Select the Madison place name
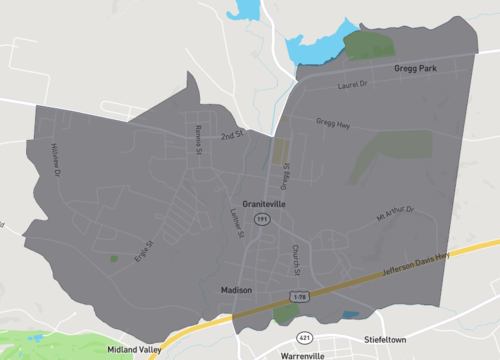237,290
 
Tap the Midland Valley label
132,349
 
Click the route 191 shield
260,217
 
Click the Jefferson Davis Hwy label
418,268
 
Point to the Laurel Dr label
354,84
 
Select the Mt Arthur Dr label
394,212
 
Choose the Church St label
296,258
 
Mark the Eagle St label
144,250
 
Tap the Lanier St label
237,221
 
